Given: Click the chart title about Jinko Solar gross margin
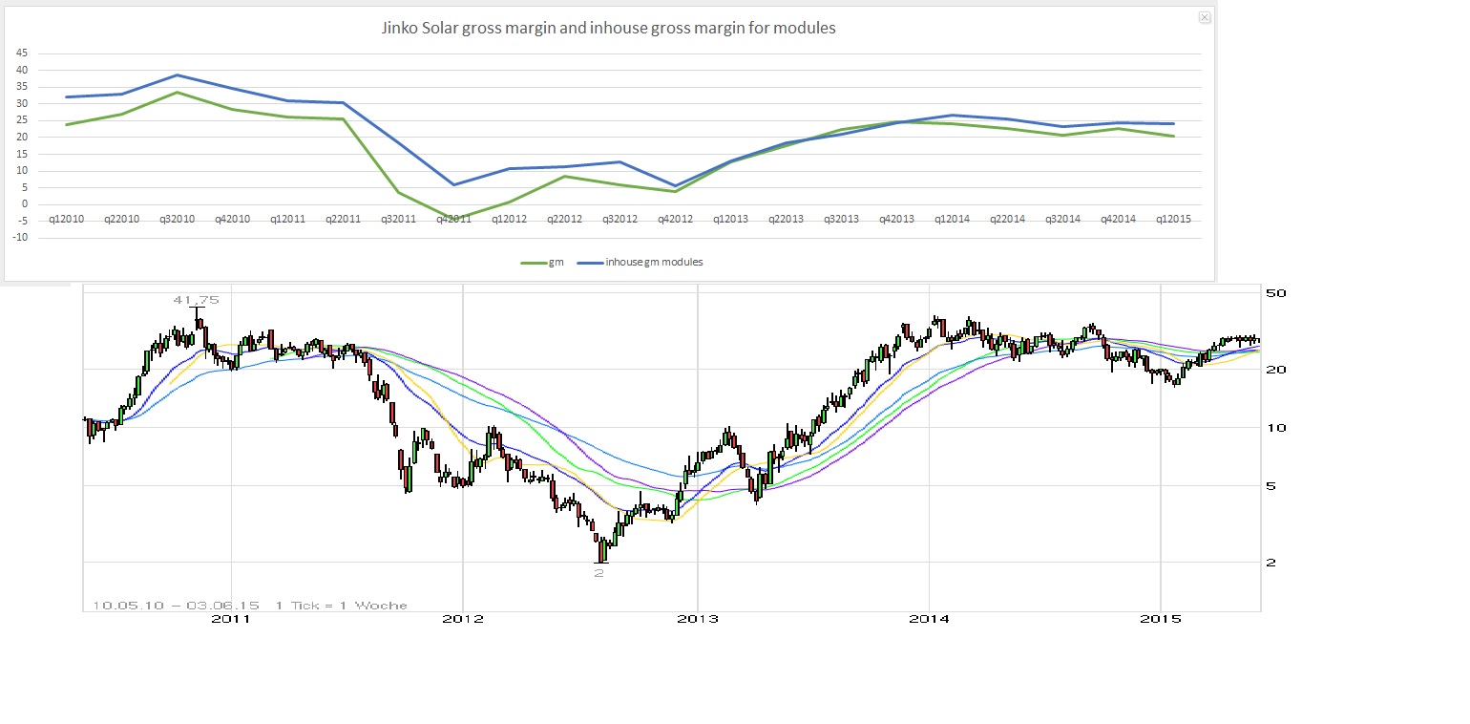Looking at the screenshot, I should [x=608, y=29].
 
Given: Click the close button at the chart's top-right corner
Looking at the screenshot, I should [x=1205, y=17].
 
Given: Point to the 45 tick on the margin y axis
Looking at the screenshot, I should [x=23, y=53].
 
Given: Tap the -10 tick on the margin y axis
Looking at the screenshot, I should [x=21, y=238].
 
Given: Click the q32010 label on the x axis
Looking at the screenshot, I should [x=177, y=220].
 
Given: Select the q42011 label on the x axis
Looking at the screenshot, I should [x=452, y=220].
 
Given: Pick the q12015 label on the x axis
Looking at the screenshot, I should [x=1172, y=220].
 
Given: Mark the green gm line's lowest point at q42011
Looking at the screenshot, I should [x=452, y=220].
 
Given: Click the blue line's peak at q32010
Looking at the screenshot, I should [x=177, y=75].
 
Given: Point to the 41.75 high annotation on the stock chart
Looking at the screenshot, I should [x=196, y=300].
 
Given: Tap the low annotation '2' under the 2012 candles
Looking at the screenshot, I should [x=599, y=572].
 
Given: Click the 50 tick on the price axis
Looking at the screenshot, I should [x=1276, y=292].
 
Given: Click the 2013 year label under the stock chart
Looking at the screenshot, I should [x=698, y=620].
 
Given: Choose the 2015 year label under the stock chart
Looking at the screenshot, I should [x=1160, y=620].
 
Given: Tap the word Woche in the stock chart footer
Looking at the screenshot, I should [x=385, y=605].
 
